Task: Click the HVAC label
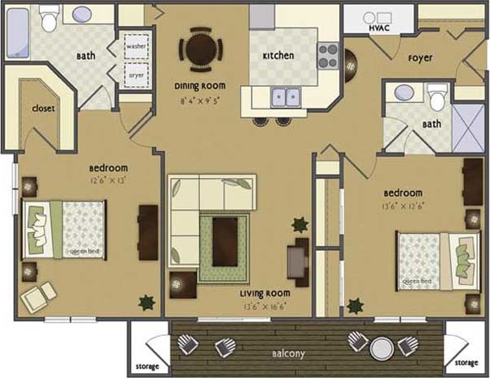click(380, 28)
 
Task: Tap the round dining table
click(200, 45)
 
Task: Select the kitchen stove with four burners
click(326, 55)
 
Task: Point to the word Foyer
click(420, 58)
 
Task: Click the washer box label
click(136, 46)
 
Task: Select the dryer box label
click(136, 76)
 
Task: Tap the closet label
click(43, 108)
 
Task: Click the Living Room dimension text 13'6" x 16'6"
click(265, 307)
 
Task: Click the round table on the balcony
click(381, 346)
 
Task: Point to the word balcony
click(288, 354)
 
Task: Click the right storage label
click(466, 363)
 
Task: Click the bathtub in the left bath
click(22, 32)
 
